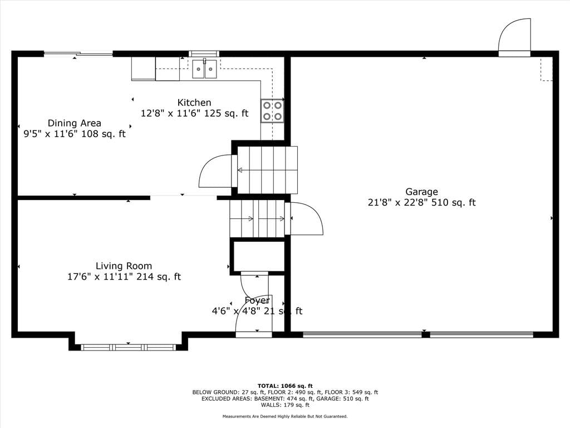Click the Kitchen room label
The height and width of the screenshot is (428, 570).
pyautogui.click(x=194, y=103)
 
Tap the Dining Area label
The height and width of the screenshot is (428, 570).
pyautogui.click(x=75, y=123)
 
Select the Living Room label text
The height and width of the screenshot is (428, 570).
pyautogui.click(x=124, y=266)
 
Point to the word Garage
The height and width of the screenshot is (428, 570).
pyautogui.click(x=422, y=192)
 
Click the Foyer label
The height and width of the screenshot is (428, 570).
pyautogui.click(x=257, y=300)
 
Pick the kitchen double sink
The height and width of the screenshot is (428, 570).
pyautogui.click(x=205, y=69)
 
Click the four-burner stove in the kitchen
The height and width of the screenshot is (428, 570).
pyautogui.click(x=272, y=111)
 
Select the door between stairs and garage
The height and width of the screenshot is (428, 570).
pyautogui.click(x=304, y=218)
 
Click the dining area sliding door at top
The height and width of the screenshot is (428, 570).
pyautogui.click(x=78, y=54)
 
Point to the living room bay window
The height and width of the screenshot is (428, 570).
pyautogui.click(x=128, y=347)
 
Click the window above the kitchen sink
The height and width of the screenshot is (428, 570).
pyautogui.click(x=204, y=54)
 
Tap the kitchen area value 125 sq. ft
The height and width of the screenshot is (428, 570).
pyautogui.click(x=226, y=113)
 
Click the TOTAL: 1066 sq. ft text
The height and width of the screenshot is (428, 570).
pyautogui.click(x=285, y=386)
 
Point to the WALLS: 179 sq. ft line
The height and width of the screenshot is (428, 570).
pyautogui.click(x=285, y=405)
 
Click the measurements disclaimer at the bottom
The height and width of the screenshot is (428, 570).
pyautogui.click(x=285, y=416)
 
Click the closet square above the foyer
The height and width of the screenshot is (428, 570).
pyautogui.click(x=258, y=256)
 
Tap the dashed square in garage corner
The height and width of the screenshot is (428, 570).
pyautogui.click(x=547, y=69)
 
